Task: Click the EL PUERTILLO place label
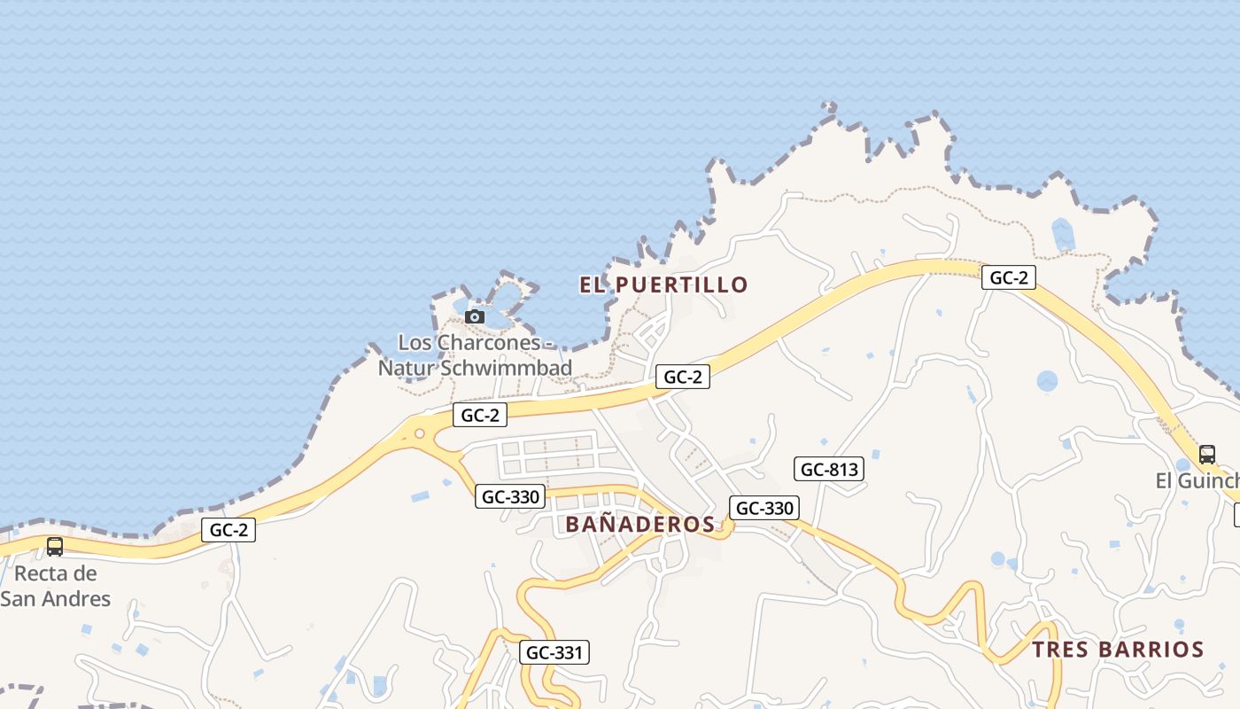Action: point(663,284)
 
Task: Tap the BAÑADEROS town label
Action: point(639,524)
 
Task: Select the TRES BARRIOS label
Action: point(1118,649)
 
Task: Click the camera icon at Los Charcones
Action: point(475,316)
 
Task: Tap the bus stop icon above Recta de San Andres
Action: point(54,547)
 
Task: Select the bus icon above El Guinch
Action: point(1206,455)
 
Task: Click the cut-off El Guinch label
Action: point(1197,480)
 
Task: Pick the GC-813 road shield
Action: point(829,469)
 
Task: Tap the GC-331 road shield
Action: point(554,652)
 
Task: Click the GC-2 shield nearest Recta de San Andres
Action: point(229,530)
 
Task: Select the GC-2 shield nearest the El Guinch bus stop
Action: point(1008,277)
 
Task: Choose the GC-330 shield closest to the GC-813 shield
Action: point(764,508)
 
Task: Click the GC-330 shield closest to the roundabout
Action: point(509,496)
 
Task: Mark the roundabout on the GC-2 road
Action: point(419,434)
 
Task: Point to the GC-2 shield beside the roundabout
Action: point(480,414)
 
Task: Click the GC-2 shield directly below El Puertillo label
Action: point(683,377)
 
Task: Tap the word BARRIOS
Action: point(1154,649)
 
